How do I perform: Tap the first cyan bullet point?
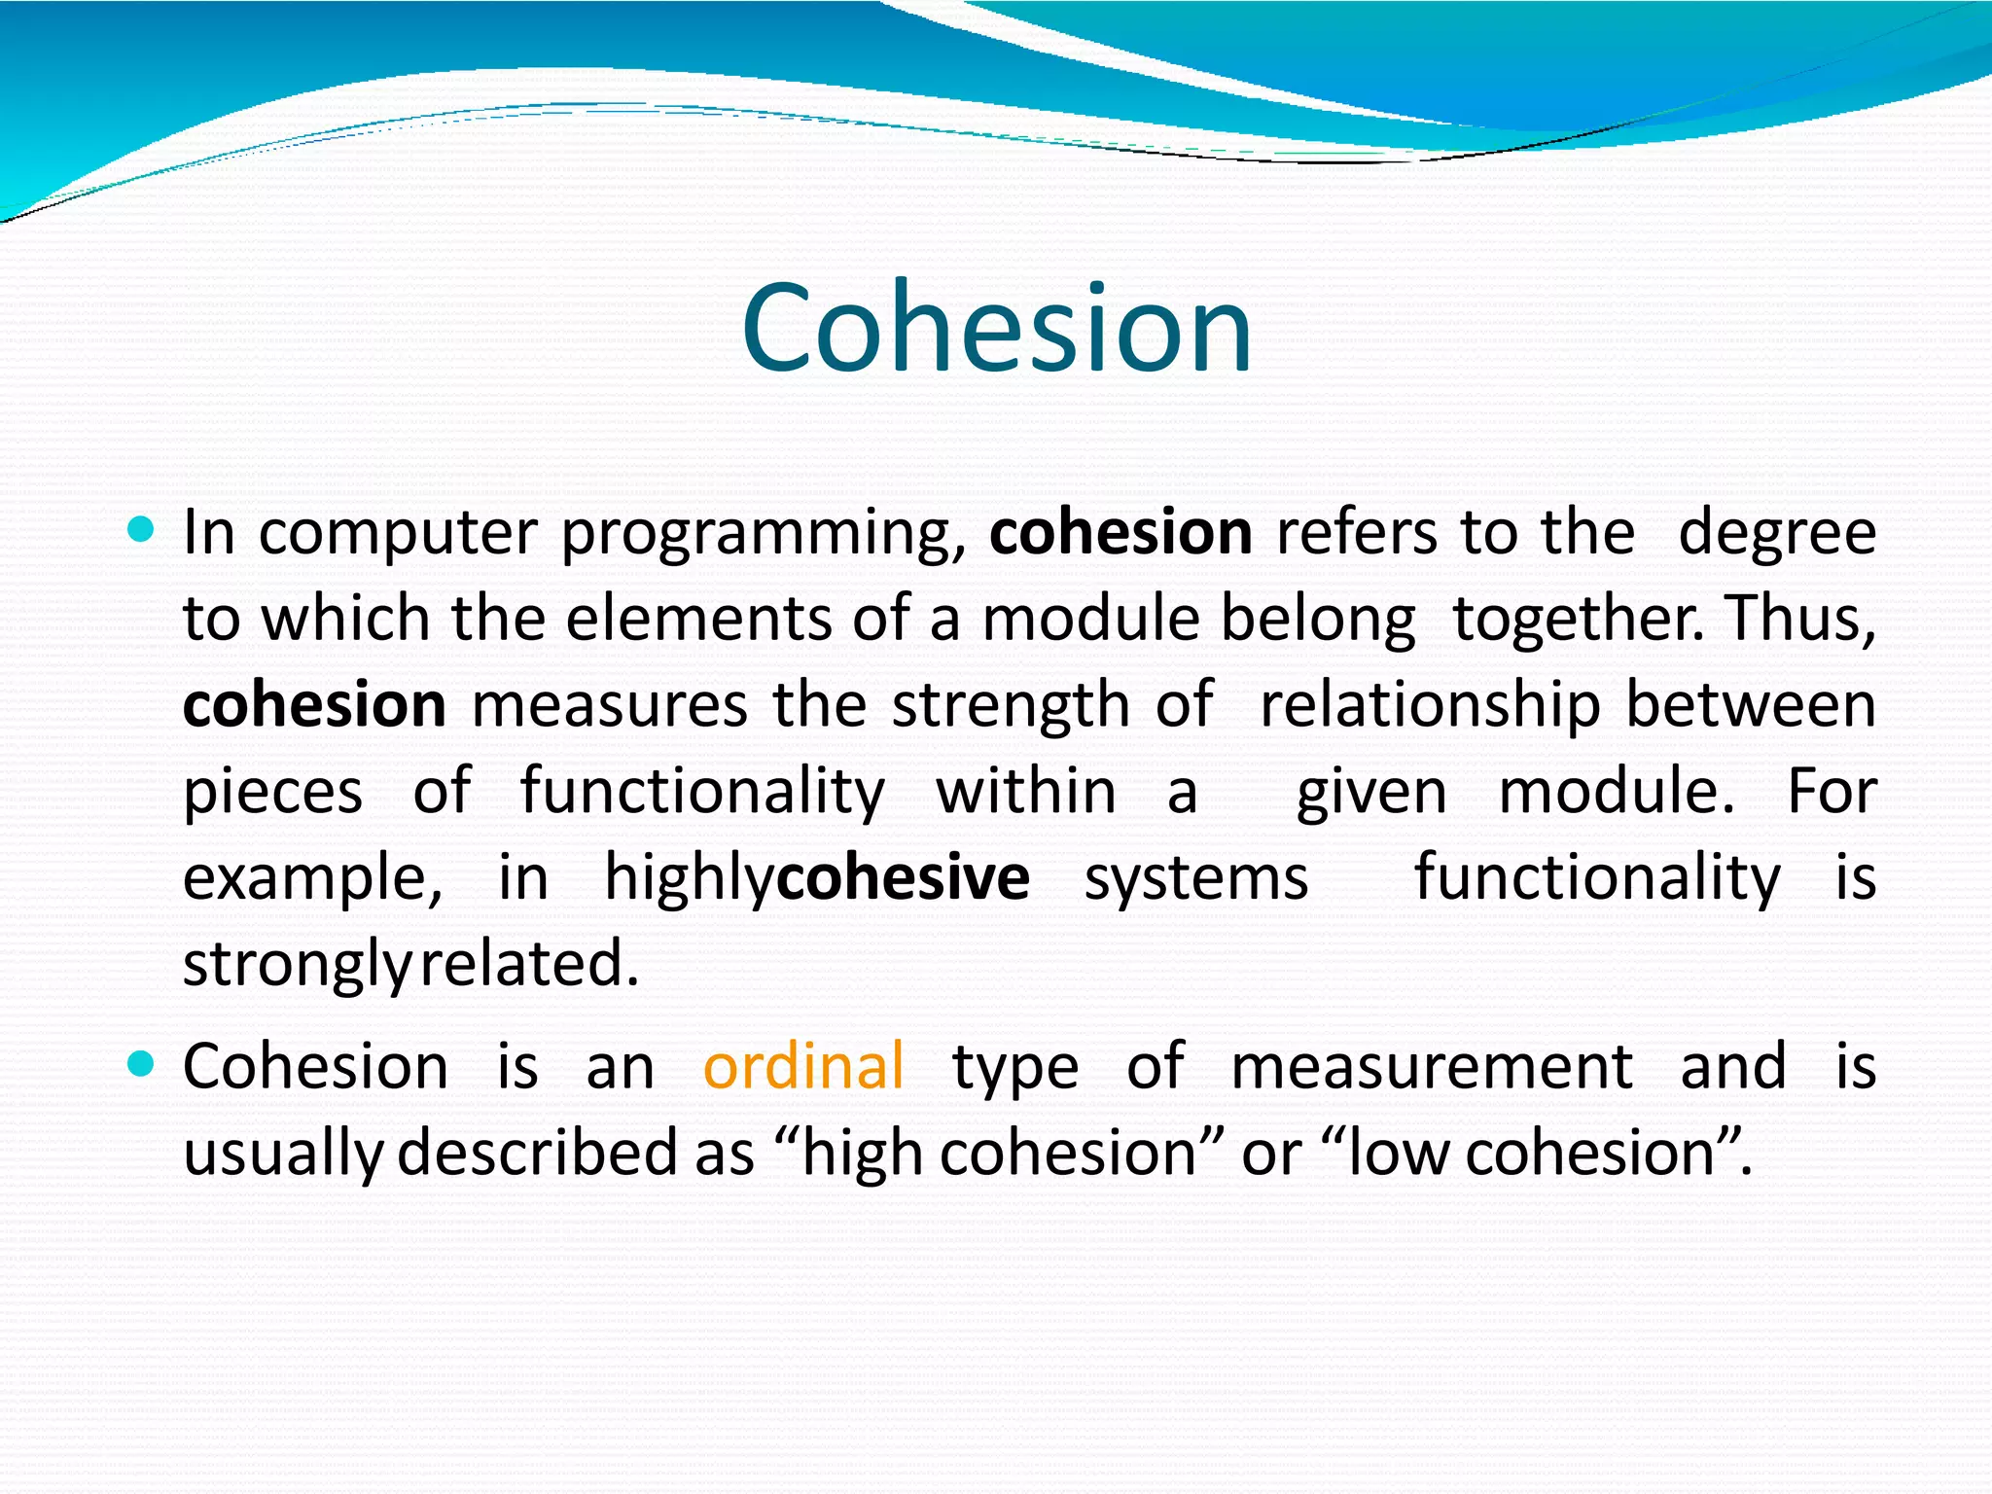tap(142, 530)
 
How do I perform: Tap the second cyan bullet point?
tap(142, 1064)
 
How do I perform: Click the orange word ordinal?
tap(803, 1066)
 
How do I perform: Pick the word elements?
tap(697, 619)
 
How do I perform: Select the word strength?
tap(1011, 705)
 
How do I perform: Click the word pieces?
tap(272, 792)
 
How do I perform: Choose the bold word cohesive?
tap(903, 877)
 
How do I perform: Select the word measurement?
tap(1431, 1067)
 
